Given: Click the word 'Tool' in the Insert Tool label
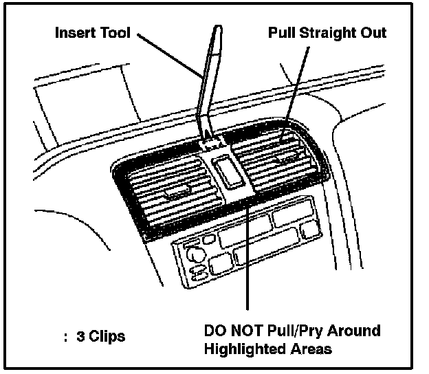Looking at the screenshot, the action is coord(115,32).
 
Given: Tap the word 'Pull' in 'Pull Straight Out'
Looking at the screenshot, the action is coord(282,32).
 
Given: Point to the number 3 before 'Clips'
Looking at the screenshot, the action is coord(80,336).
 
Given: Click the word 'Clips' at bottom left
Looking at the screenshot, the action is coord(107,337).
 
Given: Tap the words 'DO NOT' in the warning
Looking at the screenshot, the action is coord(234,330).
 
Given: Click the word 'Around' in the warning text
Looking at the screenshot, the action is coord(354,330).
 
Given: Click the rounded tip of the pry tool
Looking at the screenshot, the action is coord(218,28).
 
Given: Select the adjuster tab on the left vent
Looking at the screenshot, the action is coord(177,190).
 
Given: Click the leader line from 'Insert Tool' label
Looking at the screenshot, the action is coord(170,55).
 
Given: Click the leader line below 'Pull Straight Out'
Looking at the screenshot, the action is coord(295,95).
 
